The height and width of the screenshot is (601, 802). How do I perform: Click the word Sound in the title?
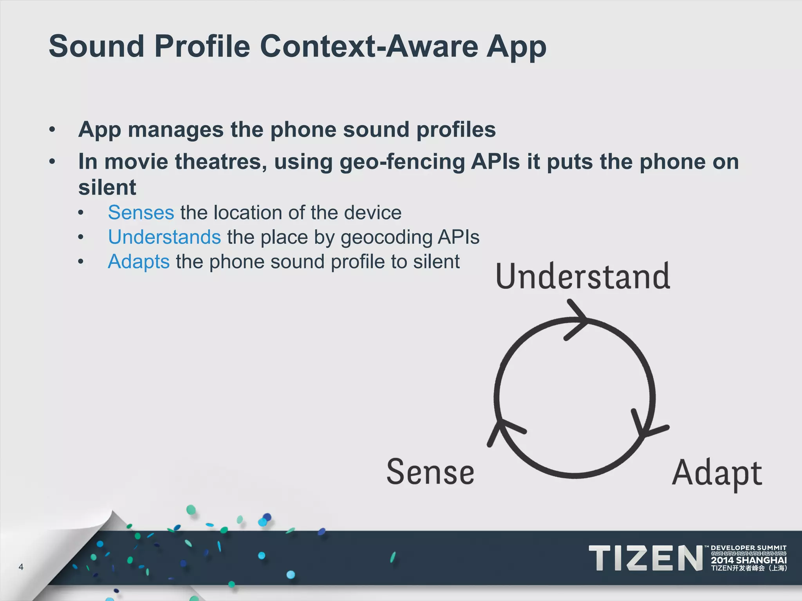coord(96,46)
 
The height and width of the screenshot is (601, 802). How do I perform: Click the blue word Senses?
coord(141,213)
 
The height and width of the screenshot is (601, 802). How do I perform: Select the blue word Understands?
coord(164,238)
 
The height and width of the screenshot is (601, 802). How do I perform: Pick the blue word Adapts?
coord(139,262)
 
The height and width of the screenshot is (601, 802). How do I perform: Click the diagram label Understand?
coord(583,276)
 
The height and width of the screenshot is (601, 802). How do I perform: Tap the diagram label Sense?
coord(430,472)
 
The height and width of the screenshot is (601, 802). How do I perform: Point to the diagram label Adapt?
coord(717,473)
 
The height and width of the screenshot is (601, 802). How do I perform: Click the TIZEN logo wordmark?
coord(646,558)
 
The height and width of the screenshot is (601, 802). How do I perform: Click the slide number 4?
coord(21,567)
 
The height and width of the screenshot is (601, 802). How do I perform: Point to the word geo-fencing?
coord(402,162)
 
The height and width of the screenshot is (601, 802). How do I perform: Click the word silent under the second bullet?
coord(107,187)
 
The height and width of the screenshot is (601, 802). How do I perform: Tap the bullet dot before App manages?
coord(52,130)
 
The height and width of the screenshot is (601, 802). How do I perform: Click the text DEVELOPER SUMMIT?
coord(748,548)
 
